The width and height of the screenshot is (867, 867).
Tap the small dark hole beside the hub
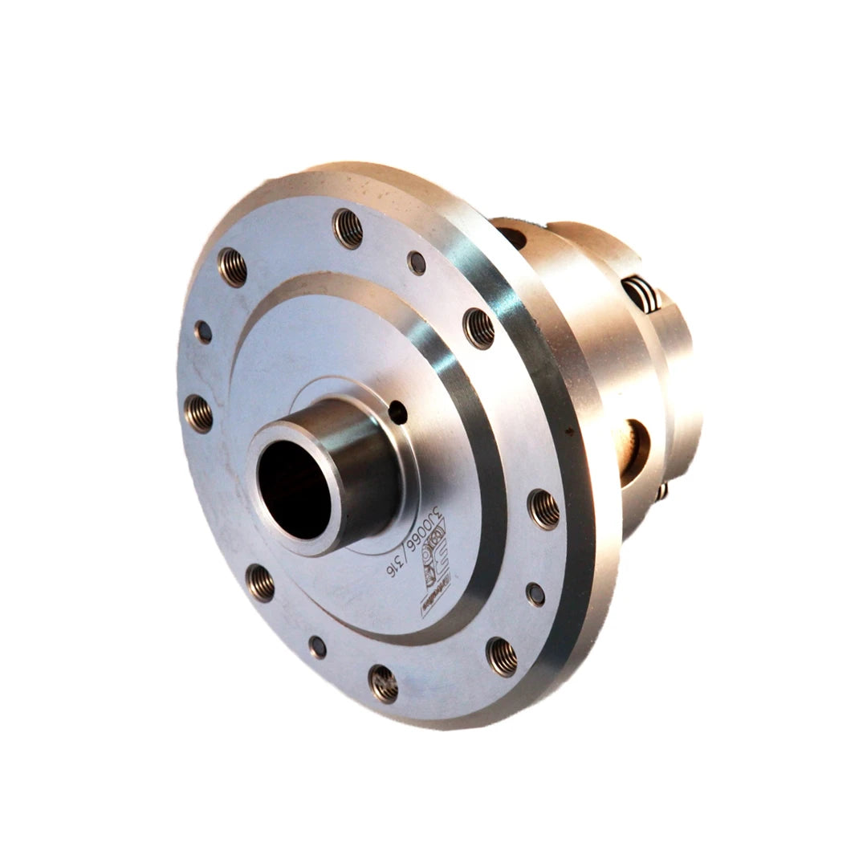pos(397,413)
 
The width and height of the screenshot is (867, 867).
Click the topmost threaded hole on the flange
pos(348,228)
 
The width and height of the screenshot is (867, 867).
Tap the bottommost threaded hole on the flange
pos(383,683)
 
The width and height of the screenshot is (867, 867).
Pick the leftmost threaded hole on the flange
pos(198,413)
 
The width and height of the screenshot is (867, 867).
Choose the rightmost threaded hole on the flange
pos(543,509)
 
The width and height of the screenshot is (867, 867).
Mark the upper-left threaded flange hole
pos(232,267)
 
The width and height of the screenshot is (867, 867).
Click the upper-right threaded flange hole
pos(479,328)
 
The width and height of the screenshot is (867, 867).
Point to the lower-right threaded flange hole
pos(501,656)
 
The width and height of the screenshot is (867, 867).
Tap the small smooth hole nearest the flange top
pos(417,262)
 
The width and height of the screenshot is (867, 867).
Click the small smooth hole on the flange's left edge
pos(203,332)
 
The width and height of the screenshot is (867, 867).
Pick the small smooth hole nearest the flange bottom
pos(318,647)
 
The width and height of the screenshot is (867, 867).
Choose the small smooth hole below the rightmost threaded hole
pos(535,594)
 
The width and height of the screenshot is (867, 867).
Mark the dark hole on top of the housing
pos(512,237)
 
